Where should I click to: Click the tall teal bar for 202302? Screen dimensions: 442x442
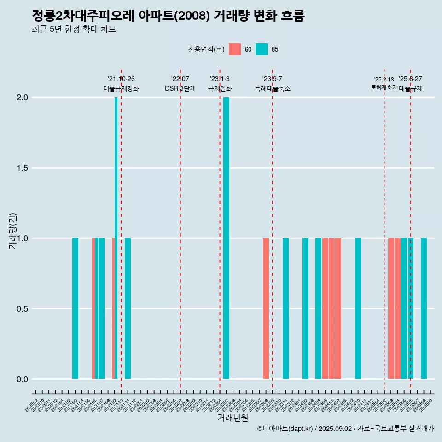pos(226,238)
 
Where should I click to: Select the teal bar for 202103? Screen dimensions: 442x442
pos(75,308)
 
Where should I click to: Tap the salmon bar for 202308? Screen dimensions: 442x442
pos(266,308)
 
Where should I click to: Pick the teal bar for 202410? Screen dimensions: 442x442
pos(358,308)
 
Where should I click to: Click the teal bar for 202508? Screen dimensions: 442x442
pos(424,308)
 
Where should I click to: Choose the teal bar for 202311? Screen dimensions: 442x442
pos(285,308)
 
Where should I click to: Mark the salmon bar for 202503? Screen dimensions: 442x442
pos(391,308)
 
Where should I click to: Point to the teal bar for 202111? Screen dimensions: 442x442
pos(128,308)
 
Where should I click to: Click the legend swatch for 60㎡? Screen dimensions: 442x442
pos(235,49)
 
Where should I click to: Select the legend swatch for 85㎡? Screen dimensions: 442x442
pos(262,49)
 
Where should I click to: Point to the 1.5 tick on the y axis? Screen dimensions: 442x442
pos(22,168)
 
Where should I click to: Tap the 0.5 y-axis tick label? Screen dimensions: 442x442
pos(22,309)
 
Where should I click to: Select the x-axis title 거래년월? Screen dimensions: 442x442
pos(233,418)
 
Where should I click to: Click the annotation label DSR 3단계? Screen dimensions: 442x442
pos(180,88)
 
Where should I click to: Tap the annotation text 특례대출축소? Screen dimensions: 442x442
pos(273,88)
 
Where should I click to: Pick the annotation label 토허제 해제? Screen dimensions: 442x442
pos(384,87)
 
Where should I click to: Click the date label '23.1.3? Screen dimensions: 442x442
pos(220,79)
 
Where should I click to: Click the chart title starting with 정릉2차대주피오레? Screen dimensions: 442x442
pos(168,16)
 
